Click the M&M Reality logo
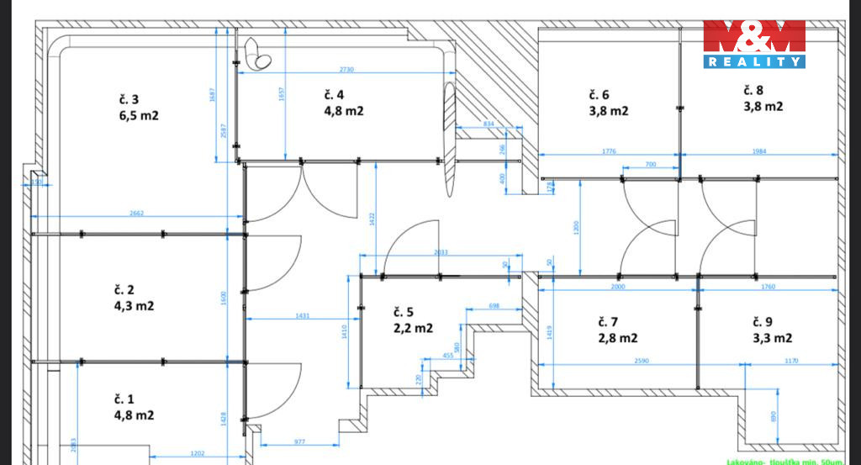point(754,44)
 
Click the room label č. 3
point(129,99)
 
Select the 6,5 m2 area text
point(139,115)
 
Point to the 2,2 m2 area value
point(412,328)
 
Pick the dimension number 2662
point(137,214)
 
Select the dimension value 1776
point(610,151)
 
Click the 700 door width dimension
point(650,165)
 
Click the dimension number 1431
point(303,315)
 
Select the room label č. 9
point(763,321)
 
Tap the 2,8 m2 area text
point(618,338)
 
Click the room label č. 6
point(599,94)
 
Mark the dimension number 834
point(489,124)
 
